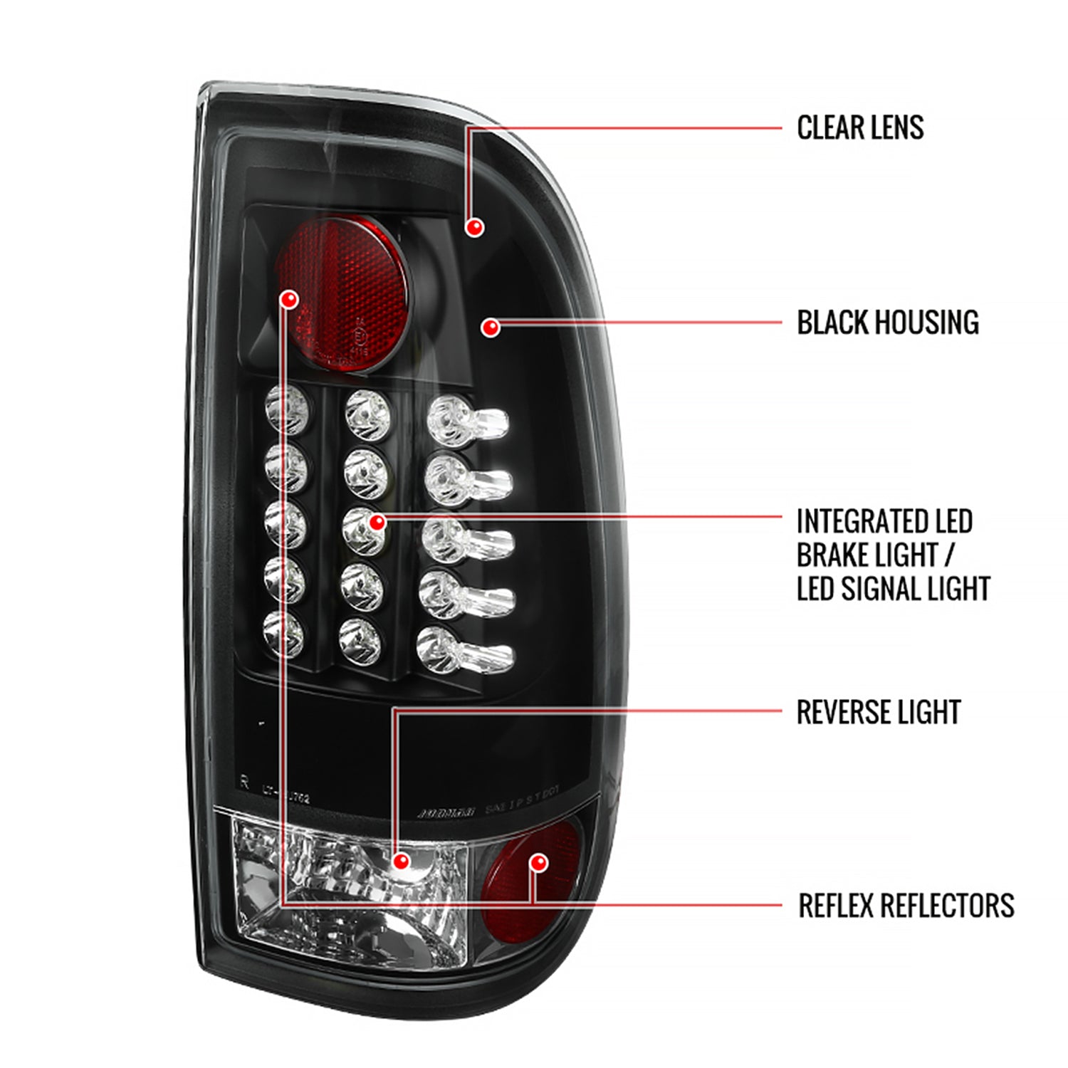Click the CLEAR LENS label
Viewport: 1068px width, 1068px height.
pos(860,128)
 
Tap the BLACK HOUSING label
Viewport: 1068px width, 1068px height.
pos(887,323)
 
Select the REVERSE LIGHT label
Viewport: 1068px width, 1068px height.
pos(878,712)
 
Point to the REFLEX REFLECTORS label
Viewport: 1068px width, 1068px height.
pos(906,906)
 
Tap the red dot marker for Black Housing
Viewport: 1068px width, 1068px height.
pos(490,328)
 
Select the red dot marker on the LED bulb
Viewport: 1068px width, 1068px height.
pos(377,523)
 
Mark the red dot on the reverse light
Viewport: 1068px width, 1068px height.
pos(402,862)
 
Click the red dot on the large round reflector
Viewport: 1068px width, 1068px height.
pos(289,300)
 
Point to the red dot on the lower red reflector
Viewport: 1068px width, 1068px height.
pos(539,863)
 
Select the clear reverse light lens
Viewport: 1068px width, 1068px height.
pos(349,890)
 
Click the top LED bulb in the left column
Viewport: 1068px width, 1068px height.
pos(287,410)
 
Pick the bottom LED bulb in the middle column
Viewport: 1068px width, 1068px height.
pos(360,639)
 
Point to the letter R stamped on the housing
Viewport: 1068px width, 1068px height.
pos(244,782)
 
